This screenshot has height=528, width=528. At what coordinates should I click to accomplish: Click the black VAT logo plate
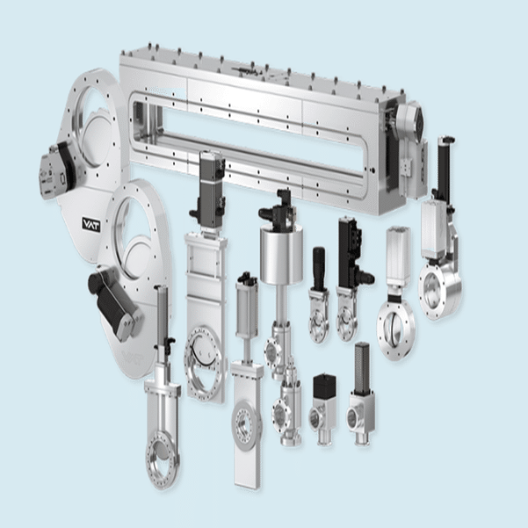tap(90, 225)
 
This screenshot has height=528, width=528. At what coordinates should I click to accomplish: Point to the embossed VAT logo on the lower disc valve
tap(132, 358)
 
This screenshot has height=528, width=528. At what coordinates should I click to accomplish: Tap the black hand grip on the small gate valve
tap(319, 268)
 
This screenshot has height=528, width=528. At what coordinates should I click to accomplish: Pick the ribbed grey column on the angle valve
tap(362, 366)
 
